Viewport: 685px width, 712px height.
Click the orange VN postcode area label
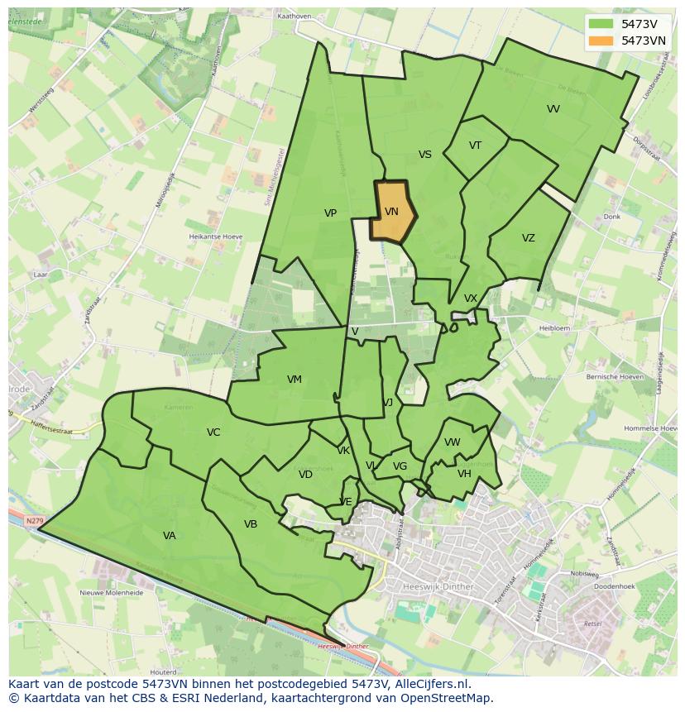(x=391, y=212)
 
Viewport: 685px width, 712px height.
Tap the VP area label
(x=330, y=213)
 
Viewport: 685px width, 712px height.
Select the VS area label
(x=424, y=155)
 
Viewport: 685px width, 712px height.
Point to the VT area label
(x=475, y=146)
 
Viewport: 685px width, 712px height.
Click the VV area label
(x=553, y=109)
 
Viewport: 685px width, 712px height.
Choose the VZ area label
(x=528, y=238)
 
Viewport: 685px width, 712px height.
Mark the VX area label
(x=470, y=299)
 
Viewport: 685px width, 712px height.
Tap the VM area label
(x=294, y=380)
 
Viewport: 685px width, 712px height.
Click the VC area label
(x=213, y=432)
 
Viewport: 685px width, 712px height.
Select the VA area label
(x=169, y=536)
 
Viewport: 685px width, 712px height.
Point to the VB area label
(x=251, y=524)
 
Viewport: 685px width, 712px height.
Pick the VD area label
(x=305, y=475)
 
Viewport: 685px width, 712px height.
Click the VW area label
(x=452, y=442)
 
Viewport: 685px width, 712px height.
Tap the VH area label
(x=464, y=474)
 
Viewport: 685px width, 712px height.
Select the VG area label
(x=400, y=466)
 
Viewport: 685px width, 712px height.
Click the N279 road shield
(x=34, y=521)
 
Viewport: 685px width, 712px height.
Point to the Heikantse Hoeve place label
(x=215, y=237)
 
